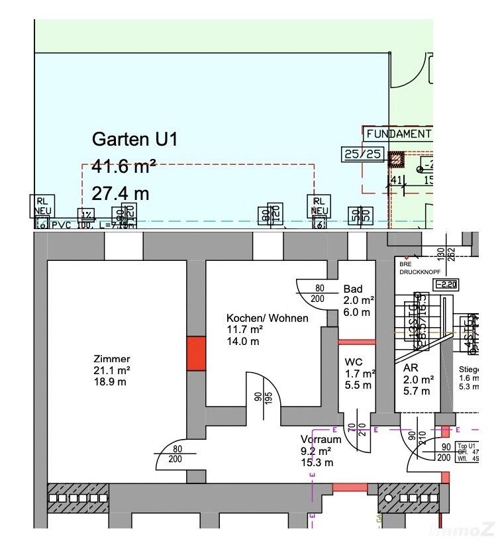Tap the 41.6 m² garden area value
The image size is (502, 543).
(123, 168)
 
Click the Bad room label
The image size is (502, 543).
(353, 289)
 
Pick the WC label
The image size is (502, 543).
(352, 362)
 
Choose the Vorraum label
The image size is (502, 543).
(321, 439)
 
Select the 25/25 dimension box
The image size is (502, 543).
(362, 154)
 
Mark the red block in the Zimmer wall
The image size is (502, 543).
(196, 354)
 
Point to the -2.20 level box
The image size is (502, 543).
(445, 285)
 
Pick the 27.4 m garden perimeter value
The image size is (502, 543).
(120, 193)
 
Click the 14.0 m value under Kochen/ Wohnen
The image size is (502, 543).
(242, 342)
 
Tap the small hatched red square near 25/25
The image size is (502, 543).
(395, 160)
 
